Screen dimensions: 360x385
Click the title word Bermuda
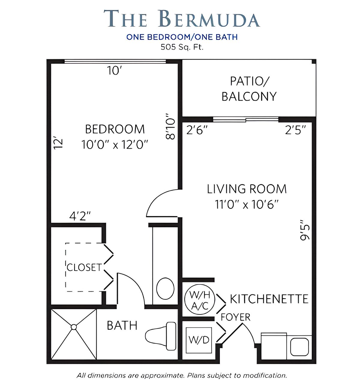(x=210, y=18)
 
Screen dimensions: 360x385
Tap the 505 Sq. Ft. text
(x=182, y=47)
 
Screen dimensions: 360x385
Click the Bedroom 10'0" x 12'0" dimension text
(x=115, y=145)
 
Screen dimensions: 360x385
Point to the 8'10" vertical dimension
(x=170, y=126)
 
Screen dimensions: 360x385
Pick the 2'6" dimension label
(x=197, y=130)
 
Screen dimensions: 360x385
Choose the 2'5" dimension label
(x=295, y=130)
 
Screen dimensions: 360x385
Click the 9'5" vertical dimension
(x=305, y=230)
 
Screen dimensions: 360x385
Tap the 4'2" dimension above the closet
(x=80, y=216)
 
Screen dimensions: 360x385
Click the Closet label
(x=84, y=268)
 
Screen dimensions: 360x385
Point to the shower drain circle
(x=74, y=327)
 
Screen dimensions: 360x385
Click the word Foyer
(x=236, y=317)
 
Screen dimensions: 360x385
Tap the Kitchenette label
(x=269, y=299)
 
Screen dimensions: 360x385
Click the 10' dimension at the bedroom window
(x=114, y=70)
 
